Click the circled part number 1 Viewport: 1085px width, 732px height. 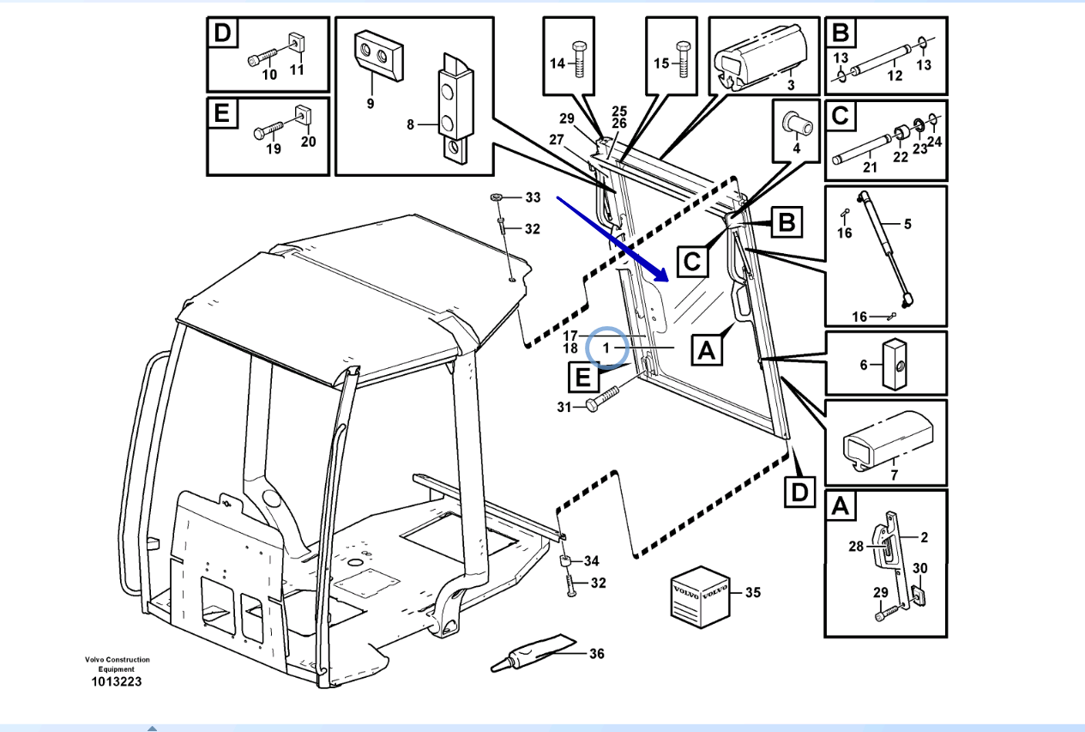pos(607,348)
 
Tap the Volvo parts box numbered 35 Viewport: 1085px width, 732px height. pos(698,594)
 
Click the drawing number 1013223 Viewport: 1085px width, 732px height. pos(117,681)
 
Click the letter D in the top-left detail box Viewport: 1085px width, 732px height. pos(223,34)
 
